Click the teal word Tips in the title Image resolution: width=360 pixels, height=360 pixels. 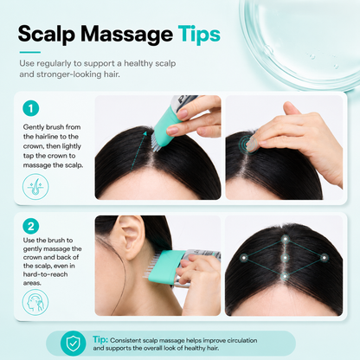click(x=199, y=35)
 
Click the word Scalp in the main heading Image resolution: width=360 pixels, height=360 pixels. click(x=47, y=35)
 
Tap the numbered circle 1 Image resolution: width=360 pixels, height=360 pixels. click(x=31, y=108)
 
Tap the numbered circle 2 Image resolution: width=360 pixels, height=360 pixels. click(x=31, y=226)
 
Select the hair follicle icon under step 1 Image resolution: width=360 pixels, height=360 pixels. click(x=35, y=187)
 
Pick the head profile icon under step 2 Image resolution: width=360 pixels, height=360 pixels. click(x=35, y=302)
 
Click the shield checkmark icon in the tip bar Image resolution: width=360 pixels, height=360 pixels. click(x=73, y=344)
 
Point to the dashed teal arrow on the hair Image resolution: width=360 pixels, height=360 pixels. click(x=138, y=150)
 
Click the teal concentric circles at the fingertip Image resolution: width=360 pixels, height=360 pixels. click(x=248, y=144)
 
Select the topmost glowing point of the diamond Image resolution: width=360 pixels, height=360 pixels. click(x=286, y=239)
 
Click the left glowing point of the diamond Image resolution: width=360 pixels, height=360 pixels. click(x=244, y=258)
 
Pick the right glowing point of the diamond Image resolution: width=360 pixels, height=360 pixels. click(x=325, y=258)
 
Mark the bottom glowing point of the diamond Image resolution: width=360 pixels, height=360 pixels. click(x=285, y=277)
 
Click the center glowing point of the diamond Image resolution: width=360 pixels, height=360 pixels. click(x=285, y=258)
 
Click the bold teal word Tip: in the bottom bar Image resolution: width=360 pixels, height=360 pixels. click(x=100, y=339)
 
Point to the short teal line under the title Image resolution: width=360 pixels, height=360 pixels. click(x=30, y=52)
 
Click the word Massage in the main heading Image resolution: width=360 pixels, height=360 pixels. click(x=126, y=35)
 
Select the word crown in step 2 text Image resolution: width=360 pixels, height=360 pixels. click(x=33, y=257)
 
